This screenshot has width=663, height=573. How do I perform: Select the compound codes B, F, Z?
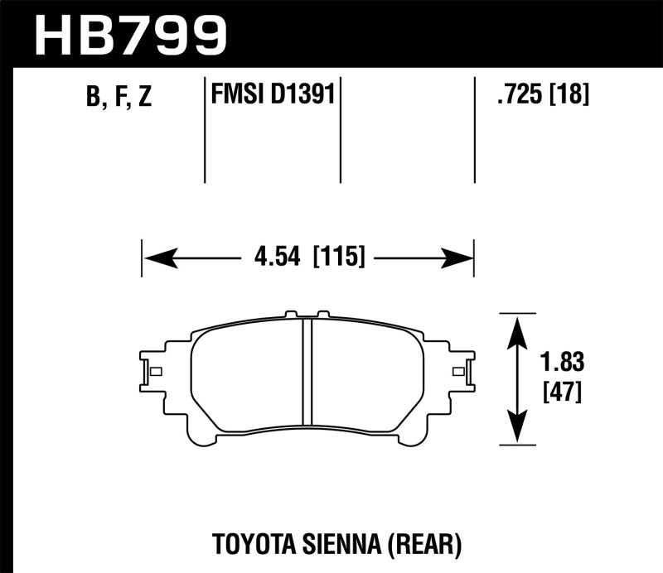pos(119,99)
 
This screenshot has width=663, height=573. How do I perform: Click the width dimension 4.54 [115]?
pos(307,258)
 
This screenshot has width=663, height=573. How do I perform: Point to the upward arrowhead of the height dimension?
pos(518,326)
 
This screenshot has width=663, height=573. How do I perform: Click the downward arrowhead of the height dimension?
pos(518,430)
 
